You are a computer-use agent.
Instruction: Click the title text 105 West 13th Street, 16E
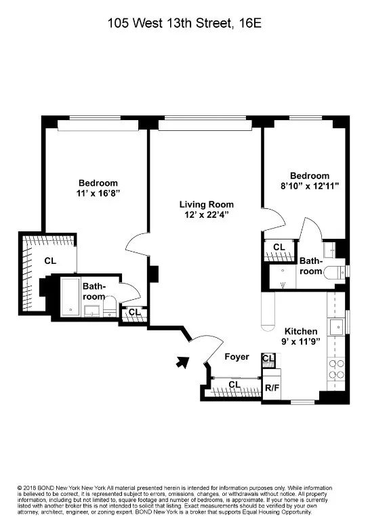click(184, 22)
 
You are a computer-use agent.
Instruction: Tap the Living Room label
click(206, 204)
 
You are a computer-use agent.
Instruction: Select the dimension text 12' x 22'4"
click(206, 215)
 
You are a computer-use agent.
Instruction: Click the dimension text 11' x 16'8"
click(98, 193)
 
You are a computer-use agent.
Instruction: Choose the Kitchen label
click(300, 331)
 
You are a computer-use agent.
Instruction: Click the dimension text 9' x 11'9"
click(300, 343)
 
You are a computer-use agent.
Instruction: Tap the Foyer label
click(237, 357)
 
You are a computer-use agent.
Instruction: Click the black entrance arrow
click(182, 363)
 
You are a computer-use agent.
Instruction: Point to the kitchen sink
click(336, 327)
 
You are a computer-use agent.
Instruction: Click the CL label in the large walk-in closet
click(50, 260)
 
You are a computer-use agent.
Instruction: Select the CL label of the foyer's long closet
click(234, 385)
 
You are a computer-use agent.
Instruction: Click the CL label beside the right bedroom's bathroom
click(279, 248)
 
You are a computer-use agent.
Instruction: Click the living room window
click(204, 124)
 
